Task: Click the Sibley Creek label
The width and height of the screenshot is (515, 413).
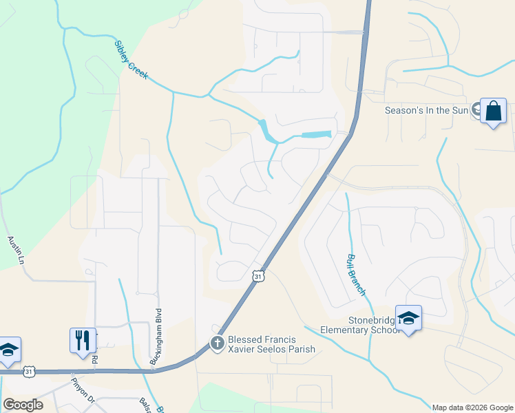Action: tap(131, 60)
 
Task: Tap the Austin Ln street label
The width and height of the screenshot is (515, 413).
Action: tap(16, 251)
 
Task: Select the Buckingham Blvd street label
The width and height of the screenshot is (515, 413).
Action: tap(156, 336)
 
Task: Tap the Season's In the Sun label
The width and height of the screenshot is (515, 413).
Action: tap(426, 110)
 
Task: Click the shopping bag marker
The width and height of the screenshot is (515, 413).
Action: tap(493, 112)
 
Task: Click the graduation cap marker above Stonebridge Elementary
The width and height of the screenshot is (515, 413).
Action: tap(408, 318)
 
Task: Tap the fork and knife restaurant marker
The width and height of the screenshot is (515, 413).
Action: tap(82, 340)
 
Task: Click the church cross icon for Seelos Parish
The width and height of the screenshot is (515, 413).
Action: tap(218, 343)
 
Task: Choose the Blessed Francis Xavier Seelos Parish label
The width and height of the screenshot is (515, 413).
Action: tap(271, 343)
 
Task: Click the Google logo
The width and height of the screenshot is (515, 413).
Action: tap(23, 405)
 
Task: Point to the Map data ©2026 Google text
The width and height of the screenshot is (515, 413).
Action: tap(472, 407)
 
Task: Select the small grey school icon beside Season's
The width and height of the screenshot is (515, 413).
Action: tap(476, 110)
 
